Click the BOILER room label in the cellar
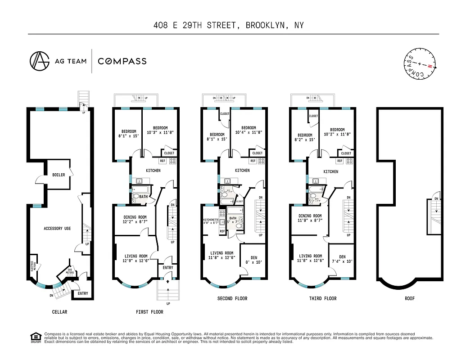click(58, 175)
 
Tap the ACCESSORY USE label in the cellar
click(57, 229)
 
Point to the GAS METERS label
click(70, 272)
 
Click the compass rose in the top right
click(418, 64)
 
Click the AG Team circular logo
click(40, 61)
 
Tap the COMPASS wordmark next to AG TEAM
click(122, 61)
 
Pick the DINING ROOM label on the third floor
click(310, 216)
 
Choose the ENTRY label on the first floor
click(167, 268)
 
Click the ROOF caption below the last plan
click(409, 298)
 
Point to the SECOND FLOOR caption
click(232, 298)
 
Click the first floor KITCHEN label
click(153, 171)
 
